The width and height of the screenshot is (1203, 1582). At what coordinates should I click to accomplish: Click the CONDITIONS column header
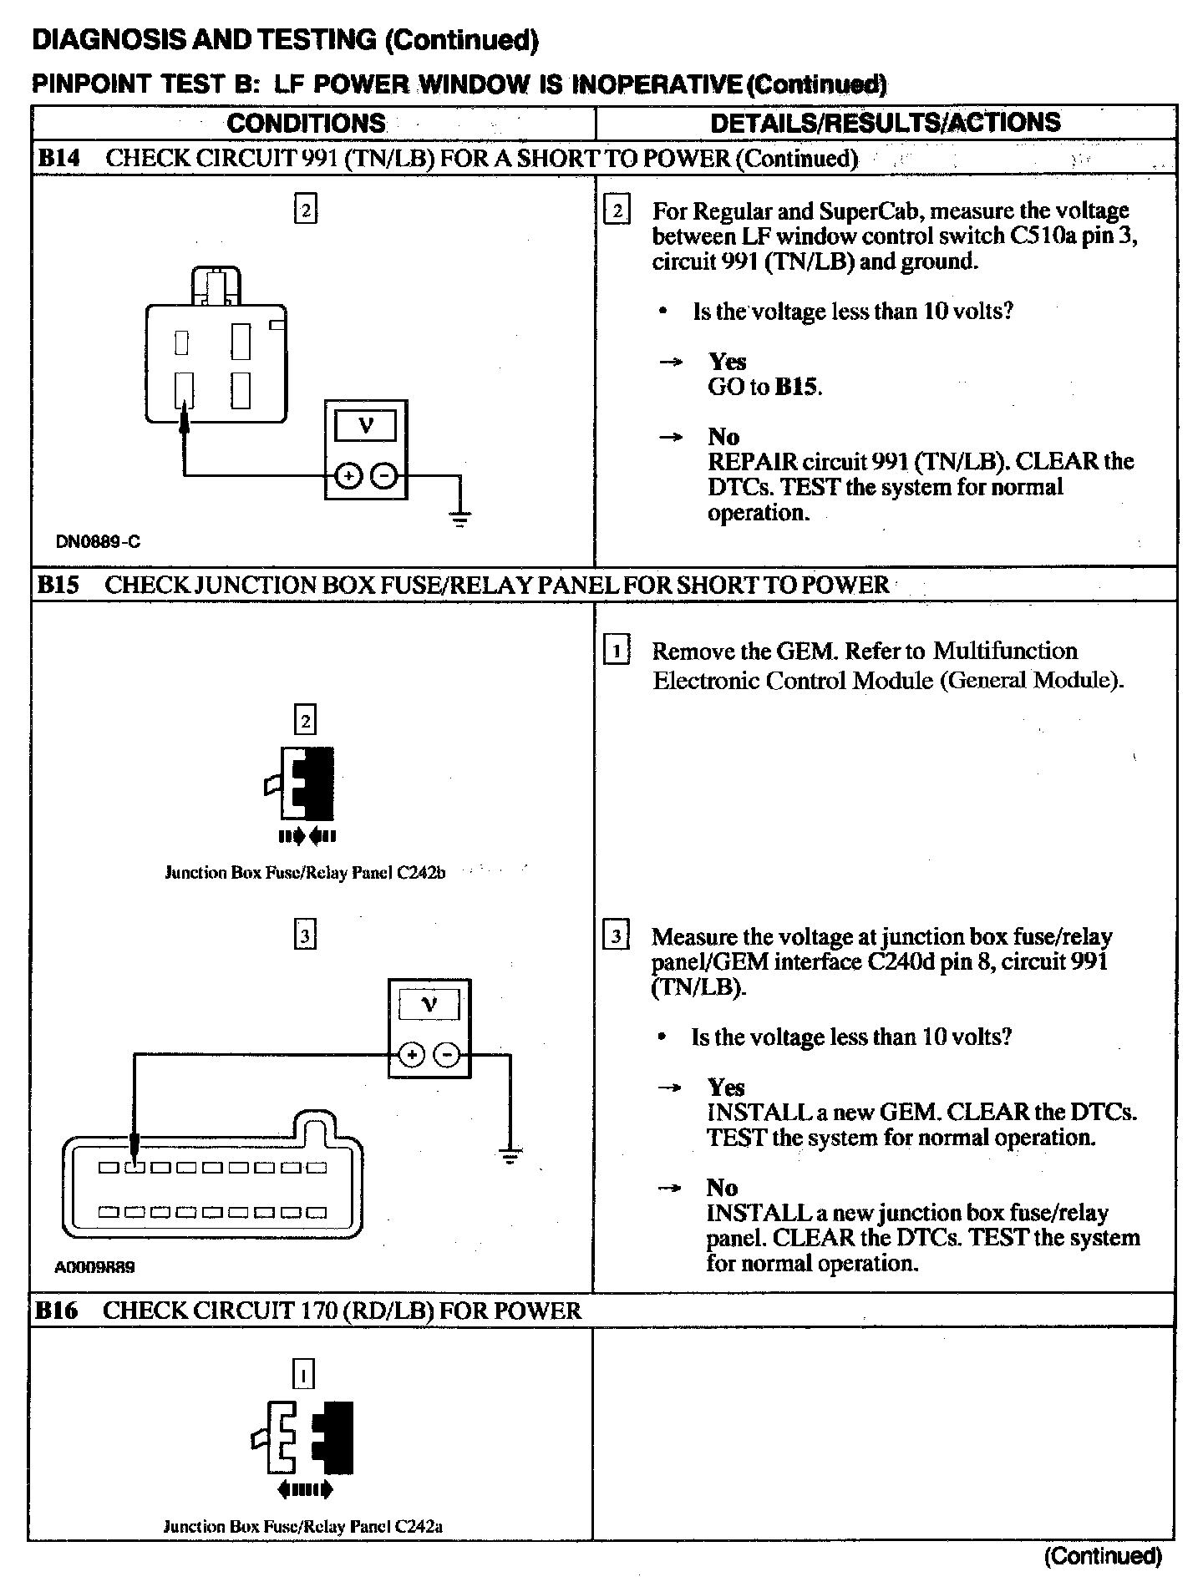(306, 124)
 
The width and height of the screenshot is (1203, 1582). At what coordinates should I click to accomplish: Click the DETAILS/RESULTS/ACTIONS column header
(885, 123)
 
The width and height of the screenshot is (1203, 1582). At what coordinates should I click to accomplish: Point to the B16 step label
(57, 1311)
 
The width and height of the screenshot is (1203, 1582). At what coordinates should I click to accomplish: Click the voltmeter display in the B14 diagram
(365, 427)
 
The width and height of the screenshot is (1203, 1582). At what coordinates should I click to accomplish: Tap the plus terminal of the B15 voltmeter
(412, 1055)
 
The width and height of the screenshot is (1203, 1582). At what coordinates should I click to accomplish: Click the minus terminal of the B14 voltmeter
(383, 476)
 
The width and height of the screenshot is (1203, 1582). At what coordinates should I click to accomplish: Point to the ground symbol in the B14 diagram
(459, 518)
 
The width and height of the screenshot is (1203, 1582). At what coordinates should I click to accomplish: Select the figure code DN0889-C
(98, 541)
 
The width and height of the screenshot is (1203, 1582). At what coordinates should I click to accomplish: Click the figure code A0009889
(94, 1267)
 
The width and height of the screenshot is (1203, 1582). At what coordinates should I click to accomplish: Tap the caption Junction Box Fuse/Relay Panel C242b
(305, 873)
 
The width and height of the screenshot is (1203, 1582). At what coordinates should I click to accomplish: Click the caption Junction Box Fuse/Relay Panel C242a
(302, 1526)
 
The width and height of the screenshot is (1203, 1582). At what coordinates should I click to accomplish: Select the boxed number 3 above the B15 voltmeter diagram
(305, 936)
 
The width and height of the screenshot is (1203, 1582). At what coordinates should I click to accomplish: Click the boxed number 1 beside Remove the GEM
(617, 651)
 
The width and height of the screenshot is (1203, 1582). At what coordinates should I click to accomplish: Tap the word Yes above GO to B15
(727, 362)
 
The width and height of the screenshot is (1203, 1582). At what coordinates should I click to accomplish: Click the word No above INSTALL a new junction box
(722, 1188)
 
